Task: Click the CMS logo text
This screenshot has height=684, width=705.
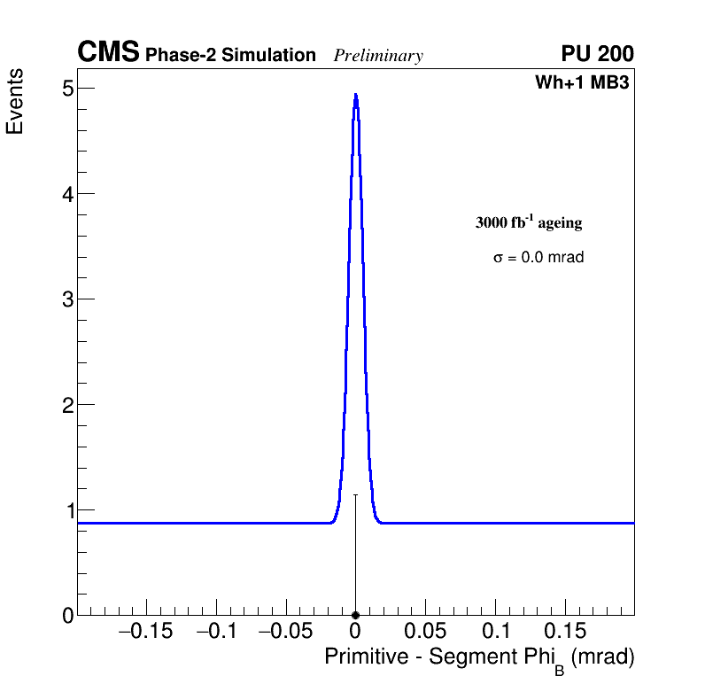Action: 108,53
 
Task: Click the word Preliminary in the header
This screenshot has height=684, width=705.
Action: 378,56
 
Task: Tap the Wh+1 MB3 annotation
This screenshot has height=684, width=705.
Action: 582,83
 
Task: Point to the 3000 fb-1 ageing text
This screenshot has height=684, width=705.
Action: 529,222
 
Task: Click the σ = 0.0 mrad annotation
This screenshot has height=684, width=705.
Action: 538,258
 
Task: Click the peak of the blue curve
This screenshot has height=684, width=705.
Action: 355,95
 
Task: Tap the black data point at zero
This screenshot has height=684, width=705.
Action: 355,615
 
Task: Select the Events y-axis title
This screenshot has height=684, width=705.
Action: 15,102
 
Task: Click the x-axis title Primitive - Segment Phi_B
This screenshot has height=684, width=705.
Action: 479,658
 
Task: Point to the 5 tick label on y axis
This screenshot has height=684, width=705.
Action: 67,88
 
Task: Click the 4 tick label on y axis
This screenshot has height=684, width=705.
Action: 67,193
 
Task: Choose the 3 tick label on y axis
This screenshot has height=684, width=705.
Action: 67,299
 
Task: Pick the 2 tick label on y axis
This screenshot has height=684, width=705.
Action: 67,404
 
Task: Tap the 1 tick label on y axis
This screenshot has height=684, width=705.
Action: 67,509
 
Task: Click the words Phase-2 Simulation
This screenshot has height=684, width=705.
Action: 230,56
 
